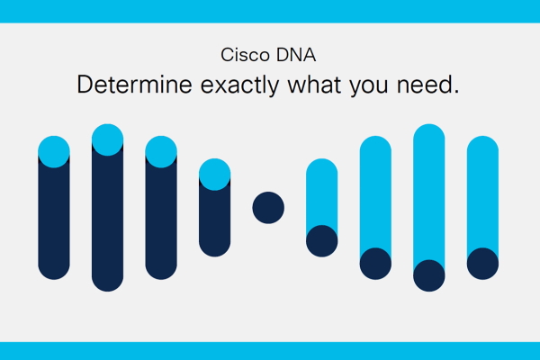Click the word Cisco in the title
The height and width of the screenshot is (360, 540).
tap(245, 55)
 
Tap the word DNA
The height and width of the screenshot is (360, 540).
tap(296, 55)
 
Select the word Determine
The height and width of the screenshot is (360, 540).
tap(134, 85)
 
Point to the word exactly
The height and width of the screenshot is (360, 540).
tap(239, 85)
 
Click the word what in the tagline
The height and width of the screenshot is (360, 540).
tap(314, 85)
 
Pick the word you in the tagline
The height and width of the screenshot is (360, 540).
tap(369, 87)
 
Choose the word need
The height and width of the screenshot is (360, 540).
tap(424, 85)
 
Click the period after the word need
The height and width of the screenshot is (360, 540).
tap(456, 92)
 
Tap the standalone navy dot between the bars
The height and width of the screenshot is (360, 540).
tap(268, 208)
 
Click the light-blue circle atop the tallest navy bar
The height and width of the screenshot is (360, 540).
tap(107, 139)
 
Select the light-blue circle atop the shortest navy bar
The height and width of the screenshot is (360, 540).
tap(214, 175)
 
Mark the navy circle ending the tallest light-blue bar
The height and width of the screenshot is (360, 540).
tap(428, 275)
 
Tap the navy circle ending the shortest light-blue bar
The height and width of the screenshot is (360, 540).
tap(321, 241)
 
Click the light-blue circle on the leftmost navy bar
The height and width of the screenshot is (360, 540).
tap(54, 152)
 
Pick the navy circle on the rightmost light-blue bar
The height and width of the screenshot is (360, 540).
tap(482, 264)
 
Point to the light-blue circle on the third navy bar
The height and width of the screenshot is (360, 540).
tap(161, 152)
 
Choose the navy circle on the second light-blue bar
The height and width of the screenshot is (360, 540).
tap(375, 264)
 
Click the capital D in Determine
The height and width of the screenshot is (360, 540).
tap(85, 85)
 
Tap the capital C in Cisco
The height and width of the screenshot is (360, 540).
tap(228, 55)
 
